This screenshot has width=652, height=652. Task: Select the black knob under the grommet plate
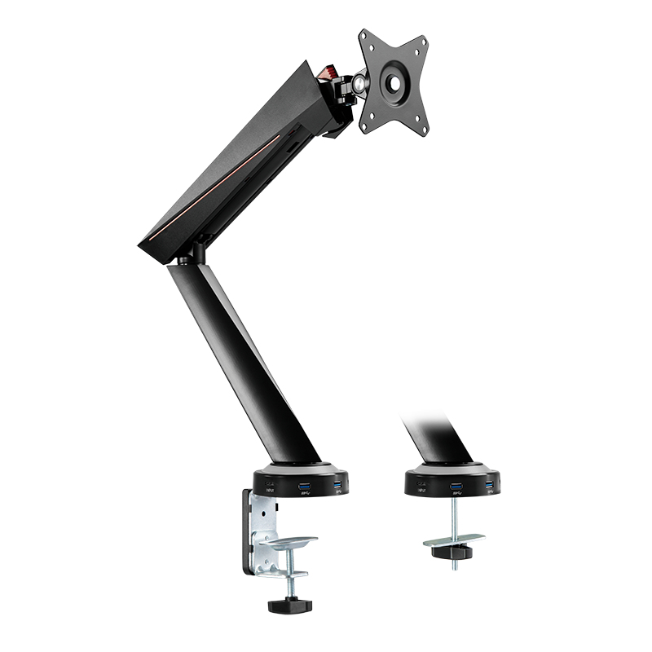455,552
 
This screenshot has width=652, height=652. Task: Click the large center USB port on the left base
306,489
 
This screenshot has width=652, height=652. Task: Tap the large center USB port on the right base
456,489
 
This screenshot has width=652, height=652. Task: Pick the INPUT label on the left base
271,491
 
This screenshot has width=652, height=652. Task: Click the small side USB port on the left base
337,487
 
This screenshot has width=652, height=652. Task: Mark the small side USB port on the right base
487,487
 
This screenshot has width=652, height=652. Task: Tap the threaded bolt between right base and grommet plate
455,518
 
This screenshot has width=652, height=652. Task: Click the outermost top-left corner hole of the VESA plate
364,37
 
